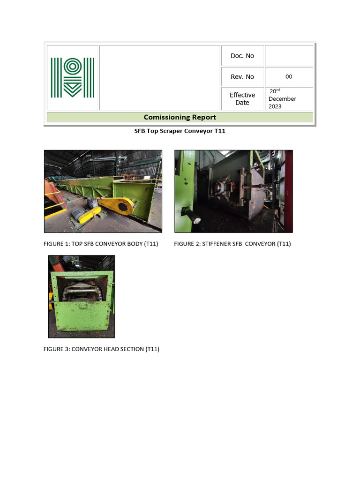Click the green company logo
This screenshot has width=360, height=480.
click(x=72, y=77)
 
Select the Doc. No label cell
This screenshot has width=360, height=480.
click(x=242, y=56)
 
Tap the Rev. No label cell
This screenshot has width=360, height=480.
click(x=242, y=77)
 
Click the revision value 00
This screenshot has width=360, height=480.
click(x=289, y=77)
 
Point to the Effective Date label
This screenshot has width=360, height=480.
click(x=242, y=98)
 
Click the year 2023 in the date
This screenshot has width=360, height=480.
click(x=275, y=106)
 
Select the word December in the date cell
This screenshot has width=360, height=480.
click(x=282, y=99)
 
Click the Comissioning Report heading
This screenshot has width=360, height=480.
click(x=180, y=117)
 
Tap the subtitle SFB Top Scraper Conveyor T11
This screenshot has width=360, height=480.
click(x=180, y=131)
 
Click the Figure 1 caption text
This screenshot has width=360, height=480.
click(x=101, y=244)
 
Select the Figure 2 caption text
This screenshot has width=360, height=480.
click(x=232, y=244)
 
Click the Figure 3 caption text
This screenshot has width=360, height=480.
click(x=101, y=349)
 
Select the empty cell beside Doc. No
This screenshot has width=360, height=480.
click(x=289, y=56)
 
